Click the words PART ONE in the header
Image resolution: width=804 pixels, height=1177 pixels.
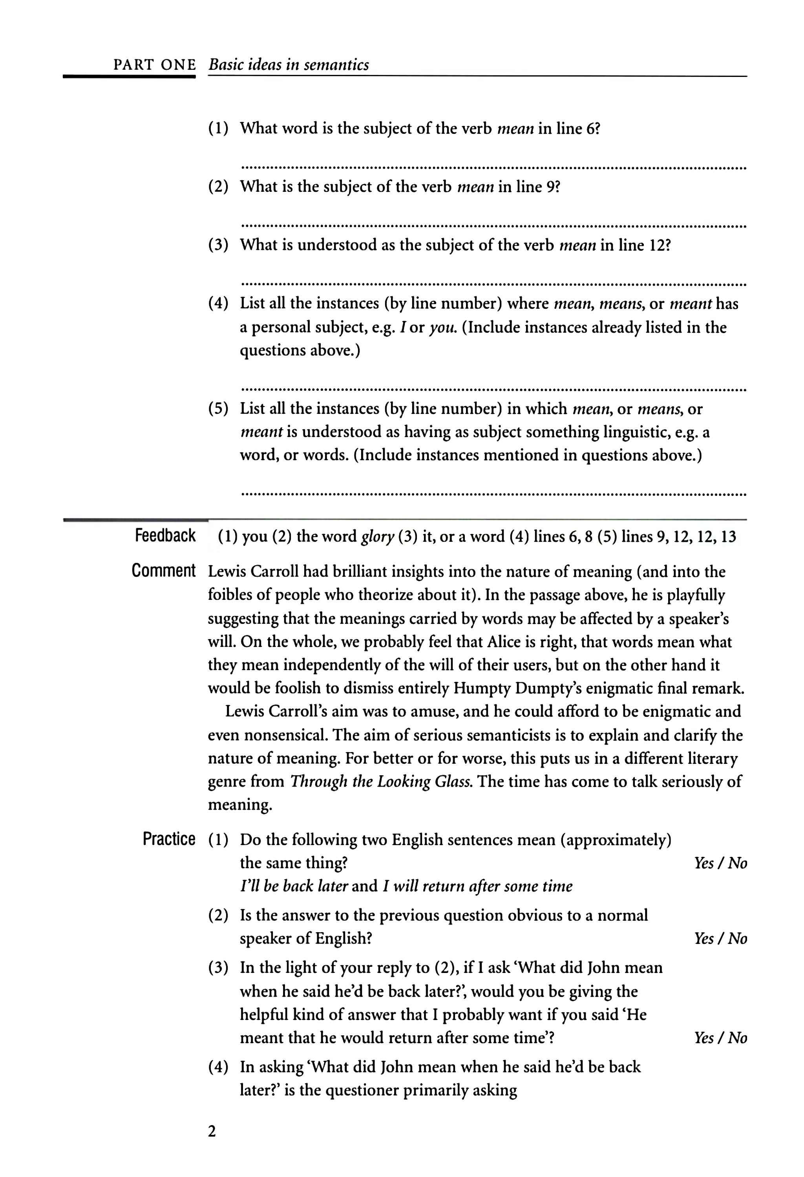point(155,65)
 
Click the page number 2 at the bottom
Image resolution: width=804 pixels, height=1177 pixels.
point(212,1145)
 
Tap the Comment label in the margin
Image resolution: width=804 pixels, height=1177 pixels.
point(163,571)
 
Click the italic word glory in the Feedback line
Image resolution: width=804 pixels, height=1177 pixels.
point(377,537)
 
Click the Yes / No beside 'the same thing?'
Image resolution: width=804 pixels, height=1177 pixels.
point(720,863)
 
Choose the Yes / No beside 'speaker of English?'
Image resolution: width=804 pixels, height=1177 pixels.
point(720,938)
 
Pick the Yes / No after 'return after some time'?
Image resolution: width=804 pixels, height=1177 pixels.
point(720,1038)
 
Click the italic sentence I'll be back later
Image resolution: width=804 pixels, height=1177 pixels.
point(294,886)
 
